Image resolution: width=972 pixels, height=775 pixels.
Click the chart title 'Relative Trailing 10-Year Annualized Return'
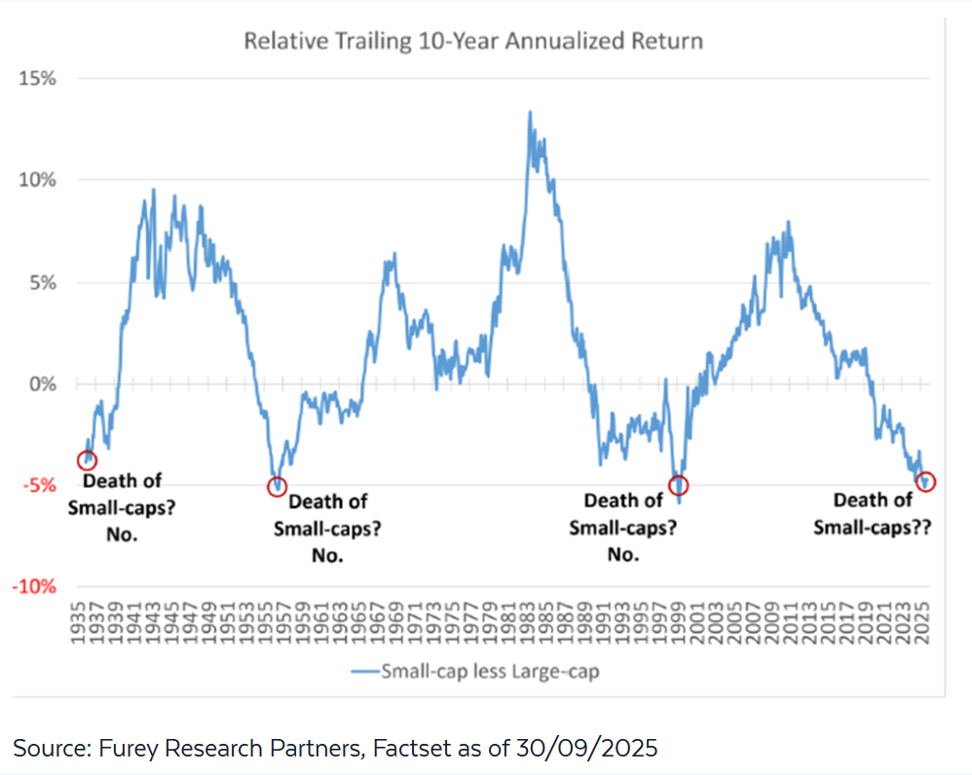[x=472, y=42]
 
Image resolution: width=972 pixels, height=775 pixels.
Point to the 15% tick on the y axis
[x=37, y=78]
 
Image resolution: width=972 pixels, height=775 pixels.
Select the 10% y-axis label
[x=37, y=180]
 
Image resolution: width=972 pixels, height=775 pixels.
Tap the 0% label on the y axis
[x=42, y=384]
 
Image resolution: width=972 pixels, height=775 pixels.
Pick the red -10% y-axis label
[x=35, y=587]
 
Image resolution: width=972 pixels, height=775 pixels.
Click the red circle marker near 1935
[x=87, y=461]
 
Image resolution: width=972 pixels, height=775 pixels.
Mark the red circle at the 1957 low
[x=279, y=486]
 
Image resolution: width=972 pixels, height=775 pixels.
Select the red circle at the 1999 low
[x=679, y=485]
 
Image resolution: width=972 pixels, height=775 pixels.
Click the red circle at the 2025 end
[x=925, y=481]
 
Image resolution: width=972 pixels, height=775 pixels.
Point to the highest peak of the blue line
[x=530, y=112]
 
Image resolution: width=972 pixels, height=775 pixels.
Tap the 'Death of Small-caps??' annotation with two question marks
[x=874, y=515]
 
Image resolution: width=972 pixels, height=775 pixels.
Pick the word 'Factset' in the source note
[x=429, y=748]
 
